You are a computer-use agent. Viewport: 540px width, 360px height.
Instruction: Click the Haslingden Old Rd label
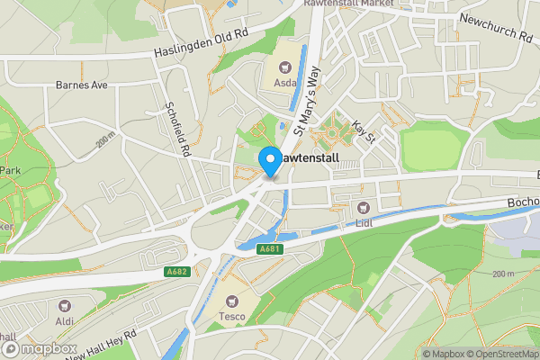pyautogui.click(x=200, y=42)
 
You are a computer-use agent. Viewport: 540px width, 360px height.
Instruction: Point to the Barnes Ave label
pyautogui.click(x=81, y=86)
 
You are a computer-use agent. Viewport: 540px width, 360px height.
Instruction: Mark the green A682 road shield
pyautogui.click(x=178, y=269)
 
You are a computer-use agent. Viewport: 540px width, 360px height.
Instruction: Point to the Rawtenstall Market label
pyautogui.click(x=370, y=4)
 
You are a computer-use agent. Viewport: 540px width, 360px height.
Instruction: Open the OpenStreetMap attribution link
pyautogui.click(x=500, y=354)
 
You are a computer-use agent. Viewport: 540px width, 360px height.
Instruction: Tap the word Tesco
pyautogui.click(x=232, y=317)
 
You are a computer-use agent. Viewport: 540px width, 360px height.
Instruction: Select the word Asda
pyautogui.click(x=285, y=83)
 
